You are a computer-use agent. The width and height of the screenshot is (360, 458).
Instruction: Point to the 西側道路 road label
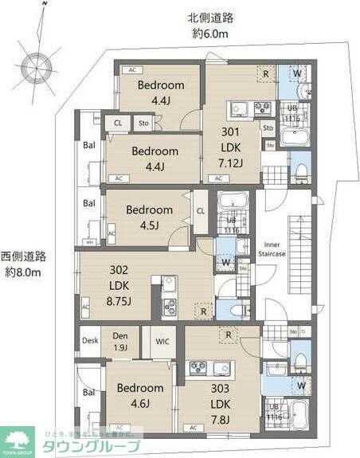(x=25, y=264)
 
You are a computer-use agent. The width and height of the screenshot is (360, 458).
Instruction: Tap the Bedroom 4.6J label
(x=140, y=395)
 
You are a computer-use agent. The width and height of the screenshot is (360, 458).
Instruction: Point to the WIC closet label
(x=162, y=342)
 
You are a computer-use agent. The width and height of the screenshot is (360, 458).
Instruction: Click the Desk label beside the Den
(x=90, y=342)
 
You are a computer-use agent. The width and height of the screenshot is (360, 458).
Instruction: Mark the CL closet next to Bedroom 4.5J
(x=201, y=210)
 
